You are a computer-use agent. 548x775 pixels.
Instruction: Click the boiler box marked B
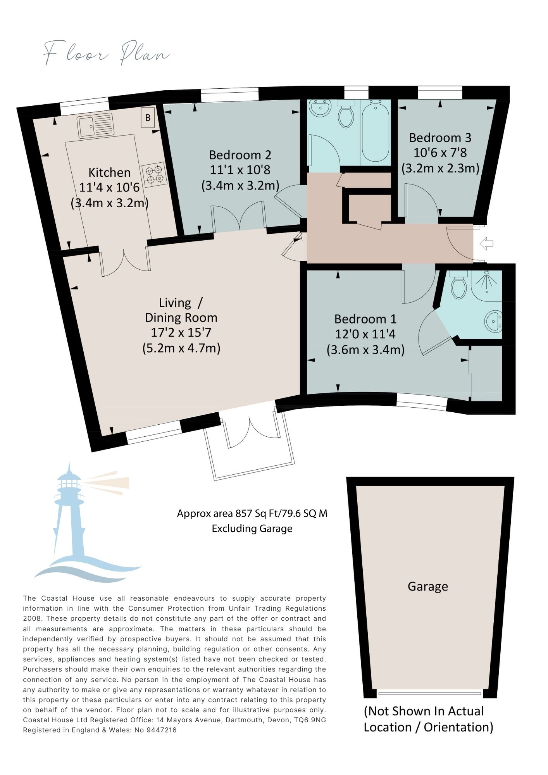(x=148, y=117)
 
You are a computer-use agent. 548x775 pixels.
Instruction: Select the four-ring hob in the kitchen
(x=154, y=174)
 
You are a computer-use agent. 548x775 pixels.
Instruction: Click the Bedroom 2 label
(x=240, y=155)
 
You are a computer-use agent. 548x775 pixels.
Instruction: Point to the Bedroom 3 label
(x=440, y=138)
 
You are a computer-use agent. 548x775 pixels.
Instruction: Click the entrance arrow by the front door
(x=486, y=244)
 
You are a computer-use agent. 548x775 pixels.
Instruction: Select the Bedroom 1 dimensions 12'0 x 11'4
(x=365, y=334)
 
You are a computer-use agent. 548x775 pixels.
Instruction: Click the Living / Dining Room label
(x=181, y=310)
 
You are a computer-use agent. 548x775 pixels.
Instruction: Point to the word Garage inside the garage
(x=428, y=586)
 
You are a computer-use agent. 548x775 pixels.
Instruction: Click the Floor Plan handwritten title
(x=106, y=53)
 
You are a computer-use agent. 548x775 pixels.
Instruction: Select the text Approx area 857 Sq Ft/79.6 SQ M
(x=252, y=513)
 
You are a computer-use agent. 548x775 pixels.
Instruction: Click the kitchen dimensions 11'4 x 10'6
(x=109, y=188)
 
